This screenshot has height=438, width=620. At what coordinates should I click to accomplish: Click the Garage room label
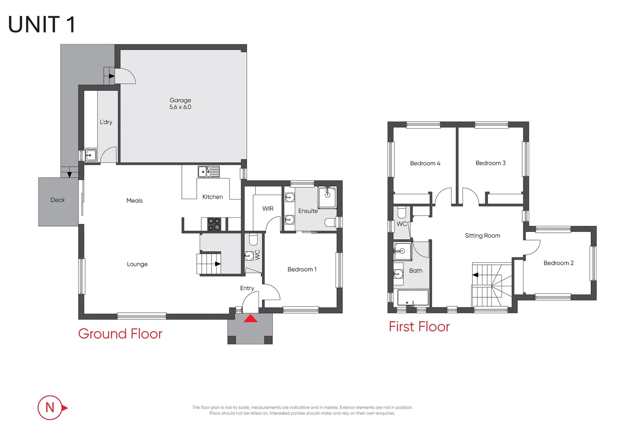pyautogui.click(x=180, y=100)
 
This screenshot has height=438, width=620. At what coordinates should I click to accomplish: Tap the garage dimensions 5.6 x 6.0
pyautogui.click(x=180, y=107)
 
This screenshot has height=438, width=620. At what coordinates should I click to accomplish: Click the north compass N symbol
pyautogui.click(x=50, y=407)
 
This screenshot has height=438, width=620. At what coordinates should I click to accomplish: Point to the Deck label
pyautogui.click(x=58, y=200)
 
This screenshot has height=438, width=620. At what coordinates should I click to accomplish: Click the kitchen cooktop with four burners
pyautogui.click(x=214, y=224)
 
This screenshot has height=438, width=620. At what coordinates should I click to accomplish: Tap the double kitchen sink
pyautogui.click(x=209, y=172)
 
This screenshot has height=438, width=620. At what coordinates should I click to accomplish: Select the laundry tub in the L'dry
pyautogui.click(x=91, y=155)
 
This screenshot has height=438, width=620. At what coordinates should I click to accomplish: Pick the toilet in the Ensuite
pyautogui.click(x=330, y=222)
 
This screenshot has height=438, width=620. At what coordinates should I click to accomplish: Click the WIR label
pyautogui.click(x=268, y=208)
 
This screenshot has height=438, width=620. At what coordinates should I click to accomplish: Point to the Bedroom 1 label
pyautogui.click(x=302, y=269)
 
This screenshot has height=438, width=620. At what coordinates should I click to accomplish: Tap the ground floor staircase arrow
pyautogui.click(x=217, y=264)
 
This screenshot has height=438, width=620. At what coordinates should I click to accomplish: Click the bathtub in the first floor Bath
pyautogui.click(x=413, y=298)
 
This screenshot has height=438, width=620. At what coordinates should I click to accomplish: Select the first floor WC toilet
pyautogui.click(x=401, y=212)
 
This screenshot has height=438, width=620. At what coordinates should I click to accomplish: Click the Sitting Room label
pyautogui.click(x=482, y=236)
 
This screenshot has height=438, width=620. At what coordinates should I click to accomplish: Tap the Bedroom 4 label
pyautogui.click(x=425, y=163)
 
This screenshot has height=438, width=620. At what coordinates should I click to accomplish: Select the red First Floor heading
pyautogui.click(x=419, y=326)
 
